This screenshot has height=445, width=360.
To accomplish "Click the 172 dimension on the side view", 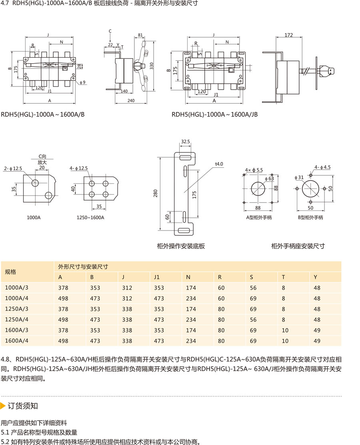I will coord(288,35).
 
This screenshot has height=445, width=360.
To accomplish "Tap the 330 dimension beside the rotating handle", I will coord(152,66).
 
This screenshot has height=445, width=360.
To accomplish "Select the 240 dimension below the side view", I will coord(131,101).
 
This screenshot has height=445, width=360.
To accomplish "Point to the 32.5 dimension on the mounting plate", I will coord(185,142).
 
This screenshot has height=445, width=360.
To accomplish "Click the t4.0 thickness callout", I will coord(219,164).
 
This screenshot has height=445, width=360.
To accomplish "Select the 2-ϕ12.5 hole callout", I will coord(13,168).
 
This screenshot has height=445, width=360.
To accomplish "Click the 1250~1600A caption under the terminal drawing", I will coord(90,217).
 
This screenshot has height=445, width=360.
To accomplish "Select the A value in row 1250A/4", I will coord(63,320).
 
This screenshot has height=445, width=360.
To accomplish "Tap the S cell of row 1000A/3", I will coord(253,288).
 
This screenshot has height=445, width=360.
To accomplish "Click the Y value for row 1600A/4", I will coord(317,341).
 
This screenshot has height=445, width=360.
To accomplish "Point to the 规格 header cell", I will coord(10,272).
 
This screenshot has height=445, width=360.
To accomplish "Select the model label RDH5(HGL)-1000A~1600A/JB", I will coord(214,114).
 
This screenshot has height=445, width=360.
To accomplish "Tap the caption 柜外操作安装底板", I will coord(181,246).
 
